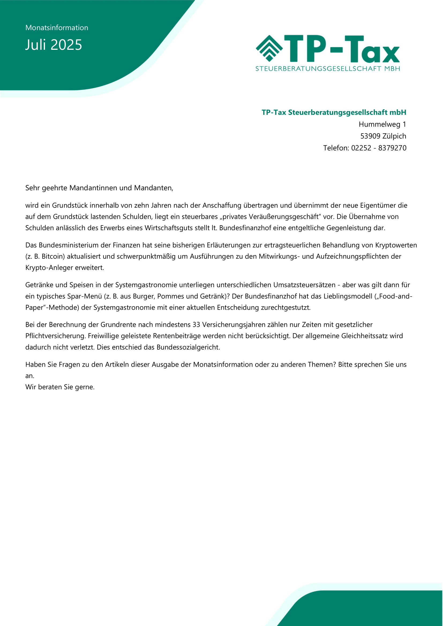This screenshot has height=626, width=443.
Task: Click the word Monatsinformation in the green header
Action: (x=57, y=28)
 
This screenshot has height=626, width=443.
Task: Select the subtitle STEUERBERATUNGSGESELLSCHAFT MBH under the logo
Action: (x=328, y=69)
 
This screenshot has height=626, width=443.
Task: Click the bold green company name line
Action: (x=334, y=112)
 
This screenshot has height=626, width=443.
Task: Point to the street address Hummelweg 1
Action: (x=382, y=124)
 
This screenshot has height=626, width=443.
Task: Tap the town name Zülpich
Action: (x=395, y=136)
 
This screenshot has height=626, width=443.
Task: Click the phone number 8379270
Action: (x=392, y=148)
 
